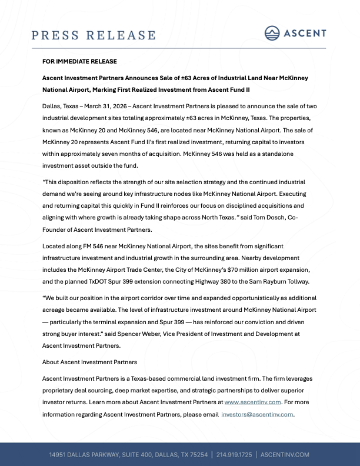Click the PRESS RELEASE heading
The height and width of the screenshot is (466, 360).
click(x=94, y=35)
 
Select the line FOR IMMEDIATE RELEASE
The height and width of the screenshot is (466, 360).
click(x=79, y=62)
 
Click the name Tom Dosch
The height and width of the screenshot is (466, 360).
click(x=275, y=217)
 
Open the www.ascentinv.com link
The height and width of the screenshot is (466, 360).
click(x=252, y=402)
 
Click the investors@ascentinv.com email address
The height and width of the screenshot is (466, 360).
click(x=257, y=414)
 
